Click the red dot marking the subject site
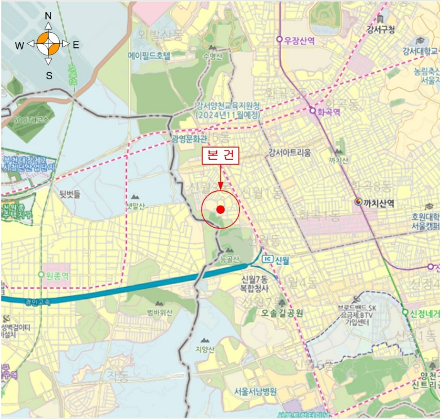220,209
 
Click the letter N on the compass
49,16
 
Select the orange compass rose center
49,44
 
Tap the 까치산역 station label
378,203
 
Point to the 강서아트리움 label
289,152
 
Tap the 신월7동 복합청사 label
255,284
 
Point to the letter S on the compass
49,75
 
